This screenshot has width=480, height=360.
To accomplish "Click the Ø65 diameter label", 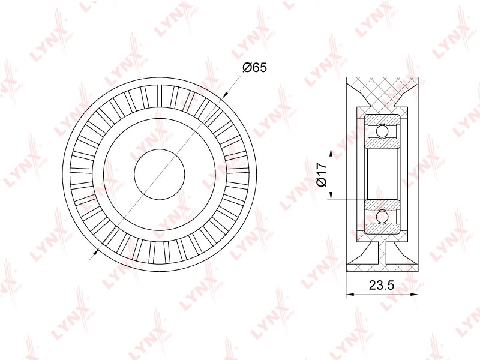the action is pyautogui.click(x=254, y=67).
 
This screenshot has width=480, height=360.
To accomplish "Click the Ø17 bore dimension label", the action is pyautogui.click(x=322, y=175).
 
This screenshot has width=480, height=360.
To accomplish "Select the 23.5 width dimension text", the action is pyautogui.click(x=381, y=285).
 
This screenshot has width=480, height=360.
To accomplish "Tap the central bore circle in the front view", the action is pyautogui.click(x=160, y=175).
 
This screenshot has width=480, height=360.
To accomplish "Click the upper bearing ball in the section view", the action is pyautogui.click(x=382, y=131).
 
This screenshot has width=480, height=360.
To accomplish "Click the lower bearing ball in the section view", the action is pyautogui.click(x=382, y=217).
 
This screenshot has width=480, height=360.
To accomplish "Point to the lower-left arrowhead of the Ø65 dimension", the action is pyautogui.click(x=95, y=253).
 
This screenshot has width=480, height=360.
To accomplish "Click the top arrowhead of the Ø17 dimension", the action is pyautogui.click(x=331, y=153).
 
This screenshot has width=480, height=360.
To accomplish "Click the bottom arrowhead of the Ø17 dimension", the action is pyautogui.click(x=331, y=196).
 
